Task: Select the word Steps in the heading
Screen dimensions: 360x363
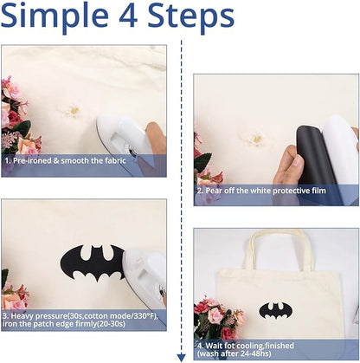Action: click(191, 17)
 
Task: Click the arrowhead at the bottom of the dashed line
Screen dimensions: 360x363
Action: click(181, 358)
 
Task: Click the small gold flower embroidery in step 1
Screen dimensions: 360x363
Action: click(74, 111)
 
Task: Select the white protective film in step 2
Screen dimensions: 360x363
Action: click(340, 149)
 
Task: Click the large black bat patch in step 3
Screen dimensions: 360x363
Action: click(93, 263)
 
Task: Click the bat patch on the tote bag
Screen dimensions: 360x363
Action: click(275, 311)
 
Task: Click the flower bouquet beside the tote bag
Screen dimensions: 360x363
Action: click(219, 318)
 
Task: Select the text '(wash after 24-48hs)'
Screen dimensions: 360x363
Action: click(235, 353)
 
